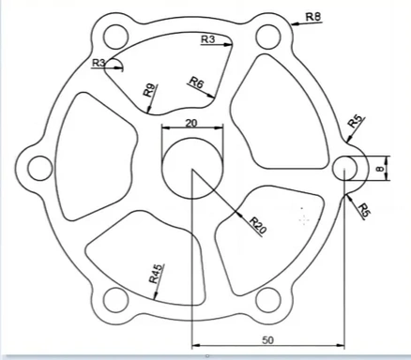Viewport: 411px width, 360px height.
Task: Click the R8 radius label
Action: tap(313, 17)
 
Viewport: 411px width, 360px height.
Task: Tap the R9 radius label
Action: tap(148, 90)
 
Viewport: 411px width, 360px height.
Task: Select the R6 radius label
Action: tap(197, 82)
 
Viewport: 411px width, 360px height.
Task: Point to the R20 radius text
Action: tap(258, 226)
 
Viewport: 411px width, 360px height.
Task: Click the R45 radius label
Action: tap(156, 274)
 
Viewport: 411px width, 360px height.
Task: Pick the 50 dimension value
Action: tap(267, 340)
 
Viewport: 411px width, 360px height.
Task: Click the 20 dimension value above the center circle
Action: tap(191, 124)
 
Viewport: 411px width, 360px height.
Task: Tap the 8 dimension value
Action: tap(380, 169)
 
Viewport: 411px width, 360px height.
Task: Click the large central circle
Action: tap(192, 168)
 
